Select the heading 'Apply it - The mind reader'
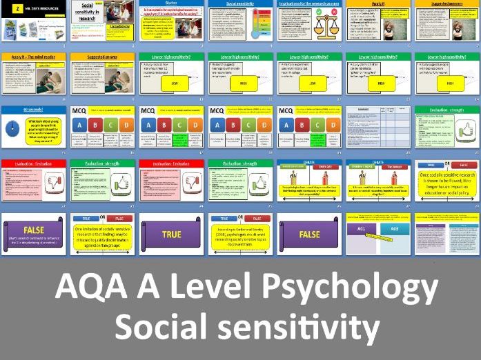pos(33,57)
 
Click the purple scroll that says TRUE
pos(171,234)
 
